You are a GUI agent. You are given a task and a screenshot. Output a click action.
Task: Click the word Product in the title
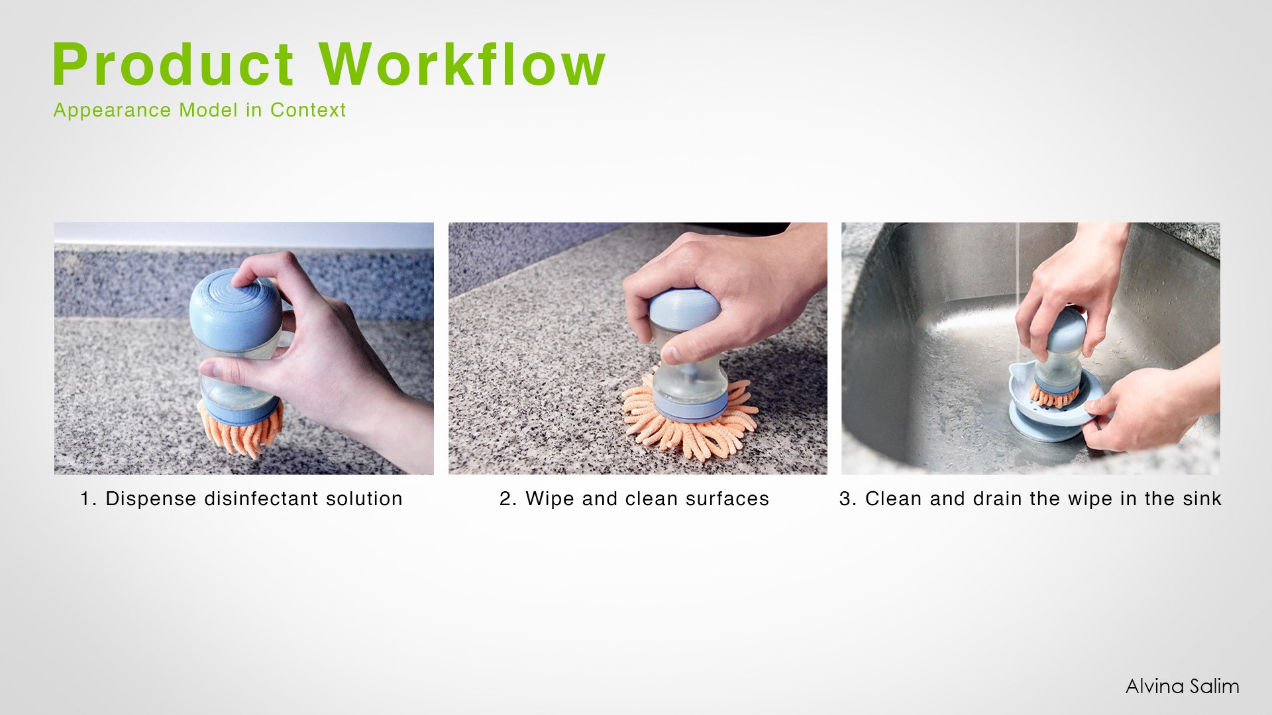[x=173, y=64]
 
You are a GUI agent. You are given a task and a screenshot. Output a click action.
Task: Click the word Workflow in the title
[x=462, y=64]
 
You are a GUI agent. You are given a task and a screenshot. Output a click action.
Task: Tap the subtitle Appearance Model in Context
[x=199, y=110]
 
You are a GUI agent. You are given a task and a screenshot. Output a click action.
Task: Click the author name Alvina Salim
[x=1182, y=686]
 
